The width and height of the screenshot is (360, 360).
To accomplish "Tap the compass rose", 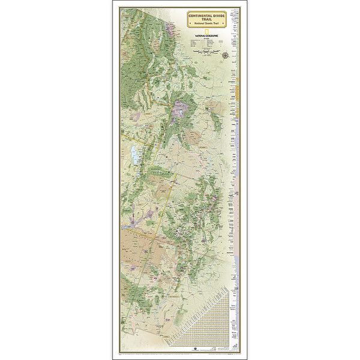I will click(x=224, y=56).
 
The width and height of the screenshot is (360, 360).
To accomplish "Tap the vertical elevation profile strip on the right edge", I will click(x=238, y=180).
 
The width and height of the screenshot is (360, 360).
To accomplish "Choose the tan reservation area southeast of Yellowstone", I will click(x=194, y=137).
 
